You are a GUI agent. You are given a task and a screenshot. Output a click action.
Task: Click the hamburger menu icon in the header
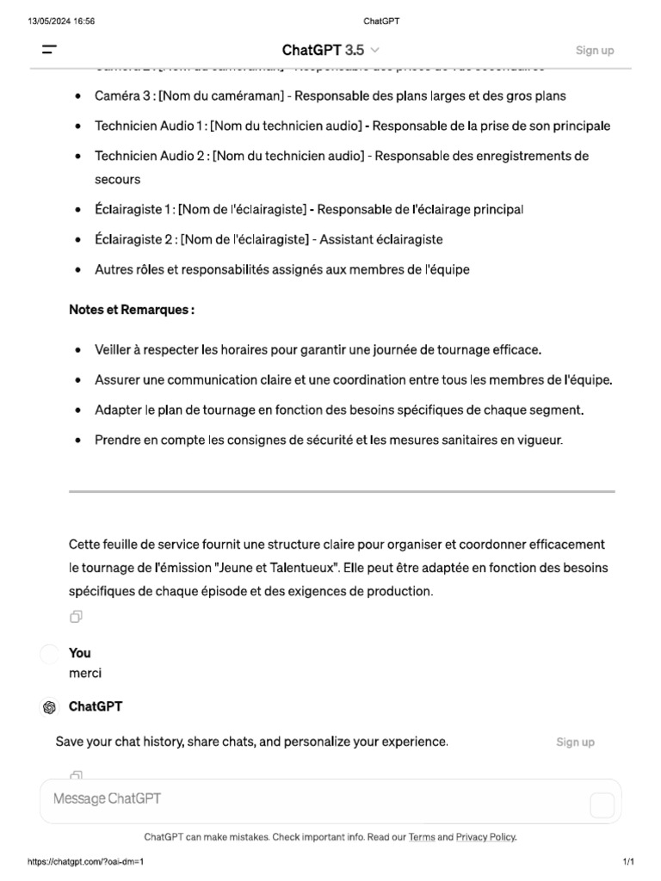click(x=49, y=50)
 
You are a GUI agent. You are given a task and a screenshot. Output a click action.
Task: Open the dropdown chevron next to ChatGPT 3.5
click(x=374, y=51)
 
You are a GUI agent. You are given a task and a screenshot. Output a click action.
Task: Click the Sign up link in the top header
click(x=595, y=50)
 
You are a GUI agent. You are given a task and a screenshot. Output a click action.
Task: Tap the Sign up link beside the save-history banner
click(x=575, y=742)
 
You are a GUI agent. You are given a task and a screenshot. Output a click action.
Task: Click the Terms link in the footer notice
click(x=422, y=836)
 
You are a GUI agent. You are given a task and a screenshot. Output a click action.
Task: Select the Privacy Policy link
click(x=485, y=836)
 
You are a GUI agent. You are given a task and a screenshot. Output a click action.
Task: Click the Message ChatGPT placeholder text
click(x=107, y=799)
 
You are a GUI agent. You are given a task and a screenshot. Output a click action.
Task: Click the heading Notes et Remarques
click(x=132, y=310)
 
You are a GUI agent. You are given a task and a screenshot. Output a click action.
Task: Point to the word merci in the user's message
click(x=85, y=674)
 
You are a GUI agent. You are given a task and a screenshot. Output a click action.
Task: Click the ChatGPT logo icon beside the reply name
click(x=50, y=707)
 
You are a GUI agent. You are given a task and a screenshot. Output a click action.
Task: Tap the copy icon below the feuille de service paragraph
click(x=77, y=617)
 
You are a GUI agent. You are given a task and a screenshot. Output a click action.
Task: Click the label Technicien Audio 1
click(x=150, y=126)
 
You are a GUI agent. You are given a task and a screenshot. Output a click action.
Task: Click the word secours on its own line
click(x=117, y=180)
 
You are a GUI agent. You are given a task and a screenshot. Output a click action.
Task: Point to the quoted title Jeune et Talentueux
click(x=278, y=568)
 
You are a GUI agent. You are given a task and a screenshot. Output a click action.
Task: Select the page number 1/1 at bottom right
click(x=627, y=861)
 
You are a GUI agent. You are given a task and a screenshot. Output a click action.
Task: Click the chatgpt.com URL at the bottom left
click(x=86, y=861)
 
